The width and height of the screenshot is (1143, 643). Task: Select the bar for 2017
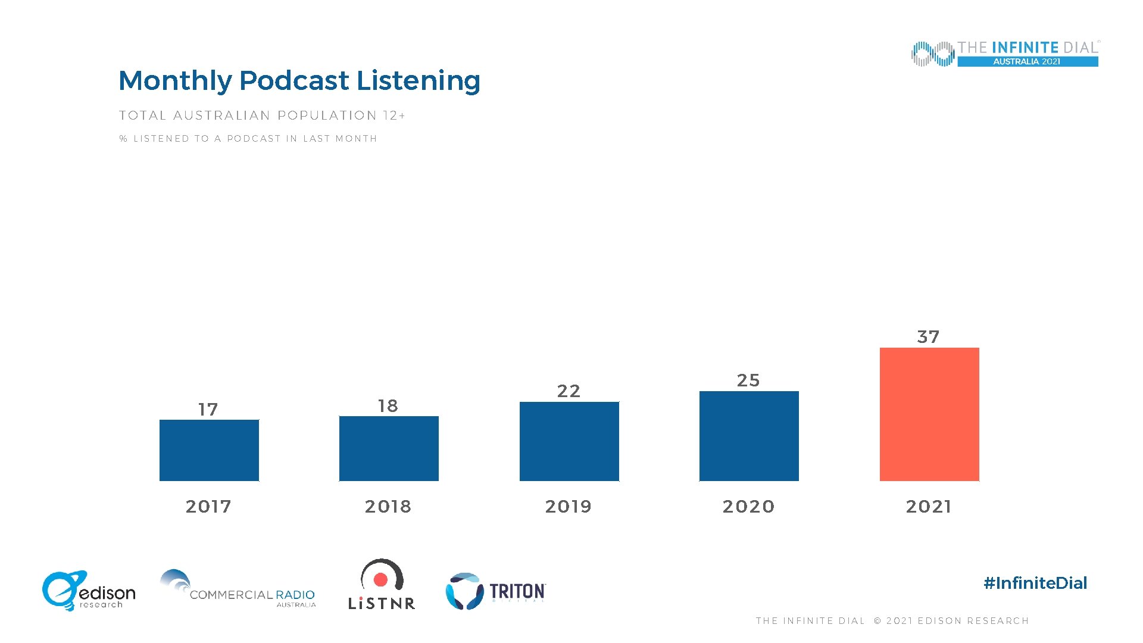click(209, 450)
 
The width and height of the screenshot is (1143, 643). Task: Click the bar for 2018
click(389, 448)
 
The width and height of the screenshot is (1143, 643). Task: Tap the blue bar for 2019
click(569, 441)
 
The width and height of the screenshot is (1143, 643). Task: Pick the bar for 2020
click(749, 436)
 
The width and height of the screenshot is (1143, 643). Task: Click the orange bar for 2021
click(929, 414)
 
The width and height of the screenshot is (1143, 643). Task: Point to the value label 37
click(928, 337)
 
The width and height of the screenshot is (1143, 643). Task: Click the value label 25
click(748, 380)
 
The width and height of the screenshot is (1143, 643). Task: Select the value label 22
click(569, 391)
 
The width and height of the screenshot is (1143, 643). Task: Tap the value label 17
click(208, 410)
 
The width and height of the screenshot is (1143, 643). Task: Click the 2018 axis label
click(388, 507)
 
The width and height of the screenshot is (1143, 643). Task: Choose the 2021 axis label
click(929, 507)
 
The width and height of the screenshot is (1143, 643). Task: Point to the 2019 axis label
click(569, 507)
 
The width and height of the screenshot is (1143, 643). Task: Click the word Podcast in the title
click(294, 81)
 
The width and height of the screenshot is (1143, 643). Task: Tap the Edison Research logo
click(89, 591)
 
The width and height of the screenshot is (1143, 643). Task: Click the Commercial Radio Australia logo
click(238, 589)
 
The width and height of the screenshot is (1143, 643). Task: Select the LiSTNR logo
click(382, 585)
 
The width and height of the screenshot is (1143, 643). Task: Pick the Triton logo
click(495, 591)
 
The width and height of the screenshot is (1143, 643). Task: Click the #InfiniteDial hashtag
click(1035, 583)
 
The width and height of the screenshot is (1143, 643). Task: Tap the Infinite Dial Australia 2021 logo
click(1005, 54)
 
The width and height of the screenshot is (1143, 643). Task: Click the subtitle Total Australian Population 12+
click(262, 116)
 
